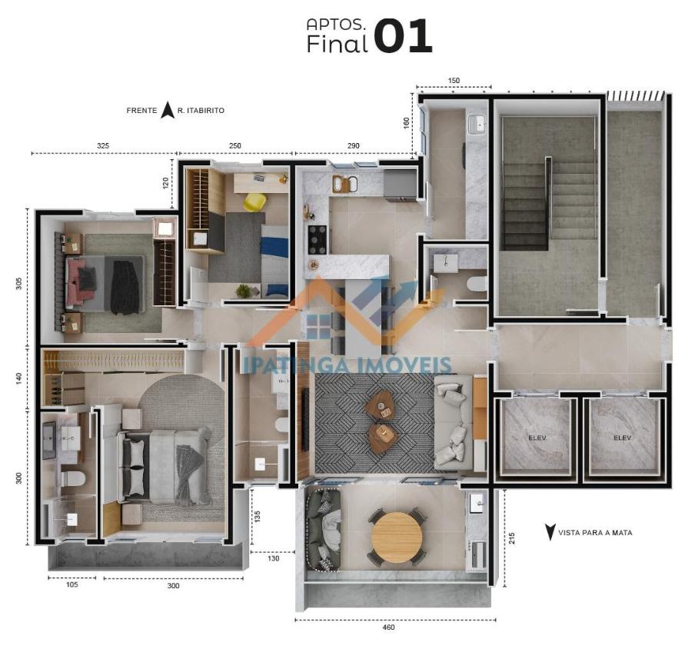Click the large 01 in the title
point(403,36)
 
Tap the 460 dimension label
point(388,627)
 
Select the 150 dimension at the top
point(454,81)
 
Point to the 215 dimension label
point(512,538)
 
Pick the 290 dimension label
point(353,146)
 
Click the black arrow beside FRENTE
point(167,110)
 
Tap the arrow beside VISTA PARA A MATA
point(550,532)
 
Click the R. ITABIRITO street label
point(201,111)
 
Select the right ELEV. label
point(623,438)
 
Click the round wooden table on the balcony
point(397,537)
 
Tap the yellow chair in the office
point(254,202)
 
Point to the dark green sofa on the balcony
point(324,529)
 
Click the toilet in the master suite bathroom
point(73,479)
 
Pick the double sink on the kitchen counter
point(344,184)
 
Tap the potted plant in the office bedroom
point(243,291)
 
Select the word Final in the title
point(338,44)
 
